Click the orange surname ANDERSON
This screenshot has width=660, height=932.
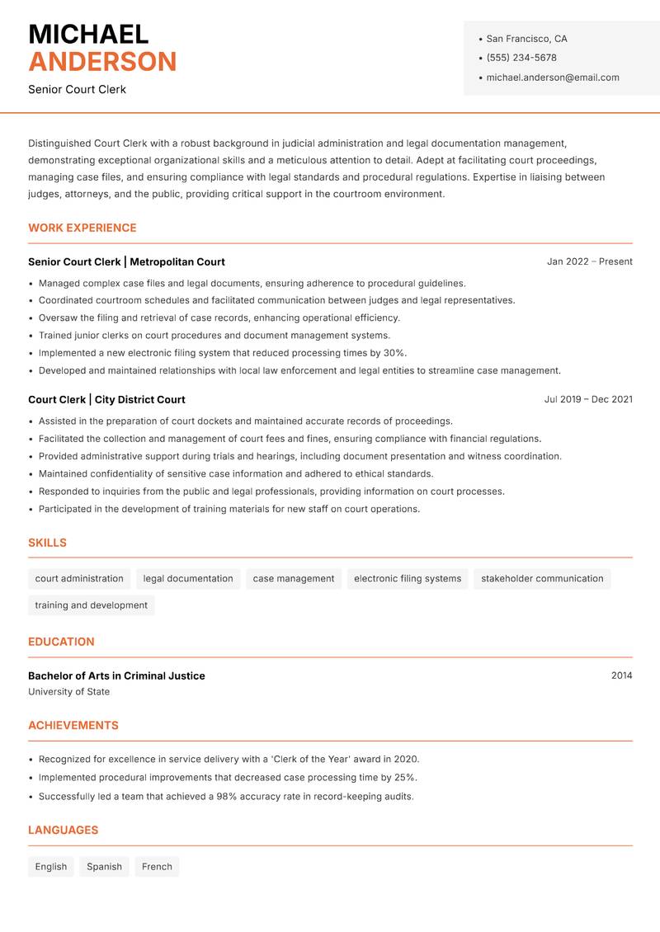point(102,62)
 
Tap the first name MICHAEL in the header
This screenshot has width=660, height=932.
point(88,35)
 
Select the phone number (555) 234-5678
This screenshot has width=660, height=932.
point(521,58)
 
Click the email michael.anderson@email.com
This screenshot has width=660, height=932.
point(552,78)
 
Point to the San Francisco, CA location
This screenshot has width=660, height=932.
point(526,39)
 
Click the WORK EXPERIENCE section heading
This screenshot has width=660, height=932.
point(82,228)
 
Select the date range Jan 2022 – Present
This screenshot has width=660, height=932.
point(589,261)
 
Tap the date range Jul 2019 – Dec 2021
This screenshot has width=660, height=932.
point(587,399)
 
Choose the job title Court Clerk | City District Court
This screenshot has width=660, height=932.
point(106,399)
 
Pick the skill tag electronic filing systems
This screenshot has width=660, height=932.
point(407,579)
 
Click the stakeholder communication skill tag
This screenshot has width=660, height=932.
point(542,579)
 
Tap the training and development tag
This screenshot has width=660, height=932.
point(91,605)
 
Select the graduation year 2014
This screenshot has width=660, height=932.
point(621,675)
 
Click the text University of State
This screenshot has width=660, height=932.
point(68,692)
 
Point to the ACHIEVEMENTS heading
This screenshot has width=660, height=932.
point(73,726)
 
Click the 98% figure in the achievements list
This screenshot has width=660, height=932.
point(228,797)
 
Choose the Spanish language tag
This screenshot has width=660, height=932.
point(104,867)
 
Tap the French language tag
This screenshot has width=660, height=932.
point(157,867)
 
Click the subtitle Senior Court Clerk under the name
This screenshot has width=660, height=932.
point(77,89)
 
